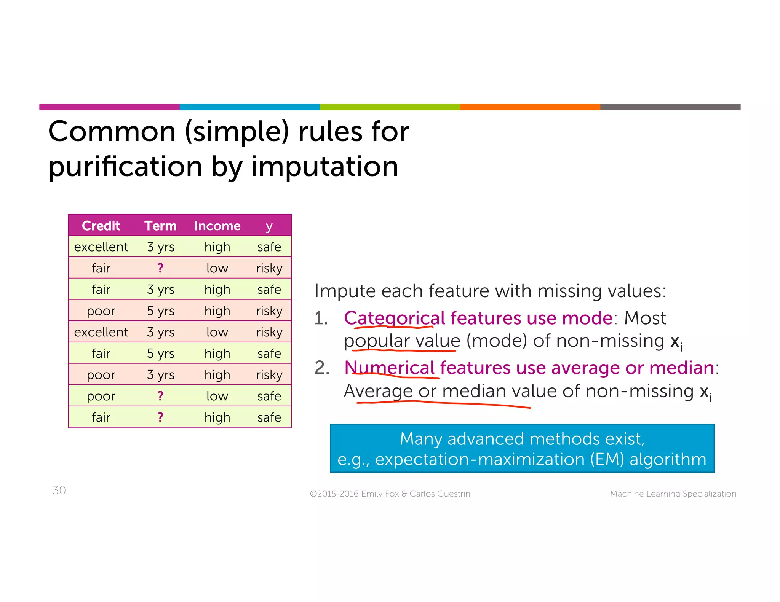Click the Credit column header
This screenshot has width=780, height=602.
point(101,226)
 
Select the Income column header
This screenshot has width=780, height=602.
point(217,226)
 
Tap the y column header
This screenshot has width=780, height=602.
point(269,226)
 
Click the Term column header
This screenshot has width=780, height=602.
point(160,226)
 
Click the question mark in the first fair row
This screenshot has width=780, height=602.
point(160,268)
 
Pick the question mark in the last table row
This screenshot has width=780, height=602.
point(160,417)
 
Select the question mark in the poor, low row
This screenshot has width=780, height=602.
point(160,396)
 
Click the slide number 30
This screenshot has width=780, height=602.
point(59,490)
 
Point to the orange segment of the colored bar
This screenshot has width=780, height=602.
point(530,107)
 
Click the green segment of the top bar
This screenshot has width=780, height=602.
point(390,107)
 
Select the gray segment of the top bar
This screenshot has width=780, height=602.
point(670,107)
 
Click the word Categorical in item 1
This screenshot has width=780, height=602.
point(394,318)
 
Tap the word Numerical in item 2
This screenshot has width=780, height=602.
point(389,368)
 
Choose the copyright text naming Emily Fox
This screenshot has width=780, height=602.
point(390,494)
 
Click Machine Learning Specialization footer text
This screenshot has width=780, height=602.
point(673,494)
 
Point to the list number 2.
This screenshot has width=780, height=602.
point(322,368)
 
